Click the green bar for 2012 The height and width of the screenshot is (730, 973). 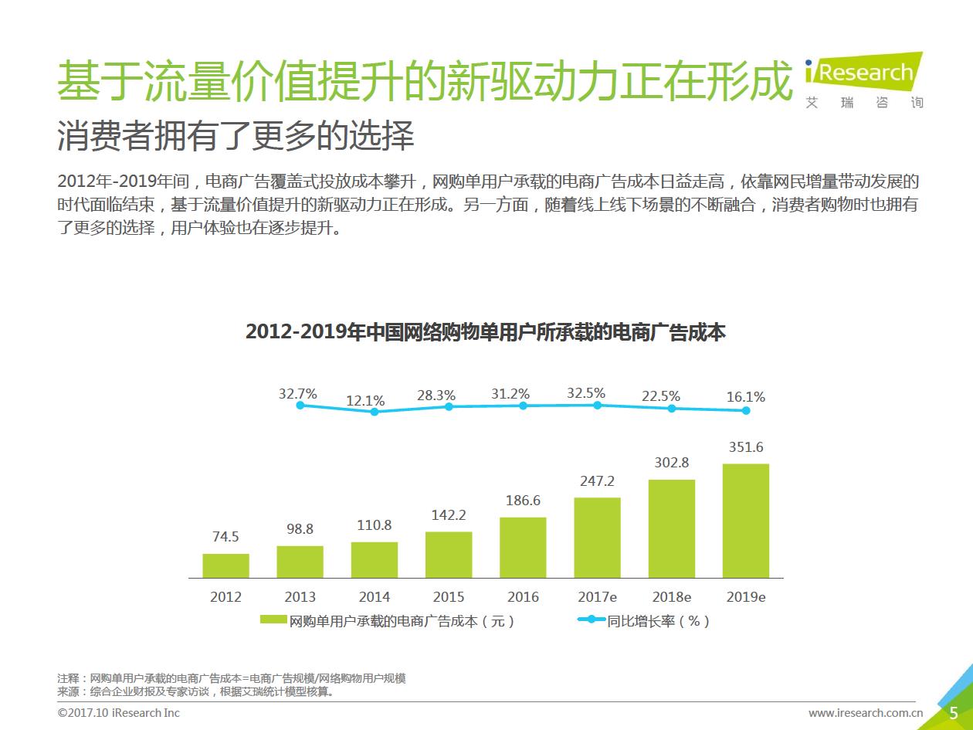(225, 565)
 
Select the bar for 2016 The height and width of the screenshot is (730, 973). (523, 547)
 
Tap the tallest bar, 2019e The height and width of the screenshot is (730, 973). (746, 521)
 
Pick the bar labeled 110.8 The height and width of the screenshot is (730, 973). (375, 559)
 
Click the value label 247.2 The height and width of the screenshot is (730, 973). (597, 481)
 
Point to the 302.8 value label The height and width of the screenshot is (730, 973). (671, 463)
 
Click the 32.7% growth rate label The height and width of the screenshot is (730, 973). (298, 393)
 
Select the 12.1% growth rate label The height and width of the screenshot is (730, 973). (365, 400)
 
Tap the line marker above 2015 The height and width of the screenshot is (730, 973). (449, 406)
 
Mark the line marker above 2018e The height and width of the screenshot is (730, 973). (672, 408)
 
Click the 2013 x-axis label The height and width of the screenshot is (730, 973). (300, 597)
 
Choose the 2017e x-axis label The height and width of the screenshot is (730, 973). (597, 597)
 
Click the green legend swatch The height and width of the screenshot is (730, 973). (273, 620)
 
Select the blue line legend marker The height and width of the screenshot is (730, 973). (591, 620)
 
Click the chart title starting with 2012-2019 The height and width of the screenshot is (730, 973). (485, 332)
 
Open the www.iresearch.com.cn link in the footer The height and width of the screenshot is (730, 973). (865, 712)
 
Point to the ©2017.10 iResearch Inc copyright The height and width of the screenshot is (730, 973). (118, 712)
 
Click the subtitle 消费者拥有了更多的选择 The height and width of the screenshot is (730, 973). (236, 136)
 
